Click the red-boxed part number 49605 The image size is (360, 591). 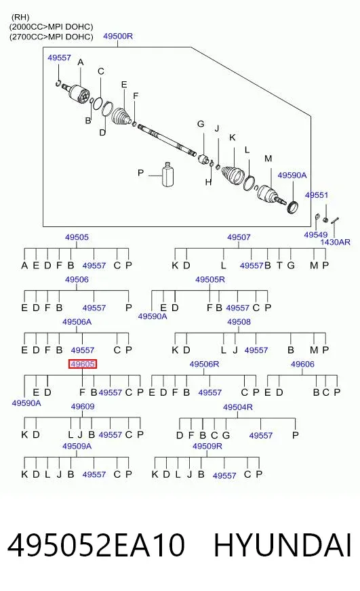pyautogui.click(x=83, y=364)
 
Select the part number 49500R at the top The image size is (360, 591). pyautogui.click(x=118, y=36)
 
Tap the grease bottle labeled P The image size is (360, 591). pyautogui.click(x=167, y=174)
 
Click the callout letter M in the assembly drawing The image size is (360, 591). pyautogui.click(x=268, y=159)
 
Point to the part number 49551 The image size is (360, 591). pyautogui.click(x=317, y=195)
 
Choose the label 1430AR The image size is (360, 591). pyautogui.click(x=335, y=242)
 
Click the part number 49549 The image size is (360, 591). pyautogui.click(x=316, y=235)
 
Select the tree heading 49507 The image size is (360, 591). pyautogui.click(x=239, y=237)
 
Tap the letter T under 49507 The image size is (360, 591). pyautogui.click(x=279, y=266)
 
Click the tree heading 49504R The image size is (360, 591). pyautogui.click(x=238, y=407)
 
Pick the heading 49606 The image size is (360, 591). pyautogui.click(x=302, y=364)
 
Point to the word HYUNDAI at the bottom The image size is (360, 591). pyautogui.click(x=283, y=545)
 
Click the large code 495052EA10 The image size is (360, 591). pyautogui.click(x=96, y=545)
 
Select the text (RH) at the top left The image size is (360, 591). pyautogui.click(x=20, y=17)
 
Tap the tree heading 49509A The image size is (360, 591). pyautogui.click(x=77, y=446)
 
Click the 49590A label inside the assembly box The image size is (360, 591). pyautogui.click(x=292, y=176)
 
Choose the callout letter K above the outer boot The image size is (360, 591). pyautogui.click(x=233, y=138)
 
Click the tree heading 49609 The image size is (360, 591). pyautogui.click(x=83, y=407)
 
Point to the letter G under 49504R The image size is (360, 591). pyautogui.click(x=226, y=435)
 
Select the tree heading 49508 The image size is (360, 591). pyautogui.click(x=239, y=321)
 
